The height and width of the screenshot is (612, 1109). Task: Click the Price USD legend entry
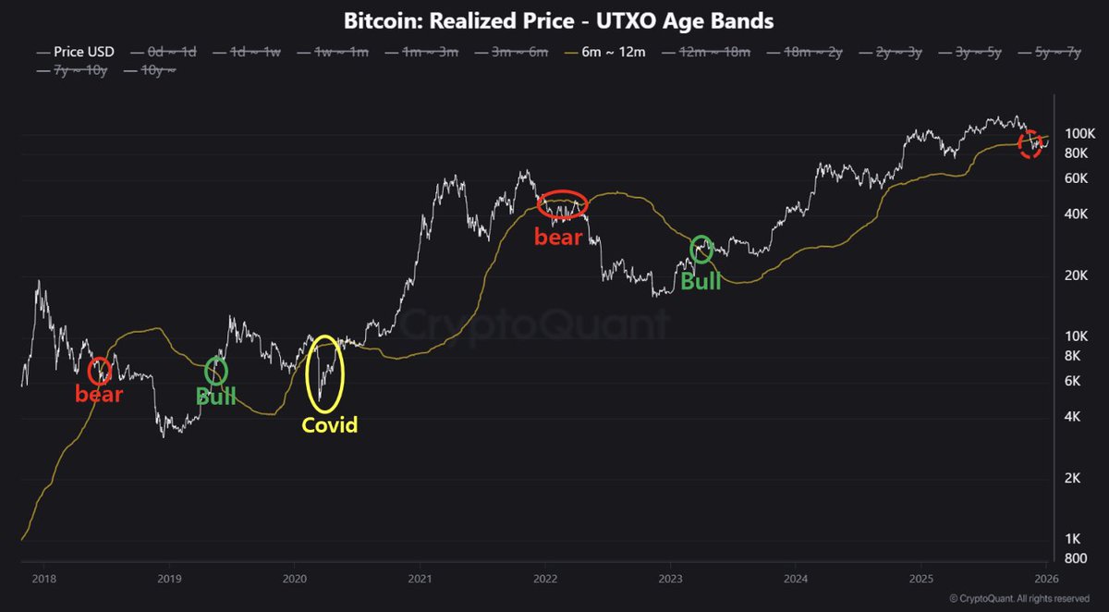coord(77,53)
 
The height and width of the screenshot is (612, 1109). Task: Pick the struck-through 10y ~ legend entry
coord(153,69)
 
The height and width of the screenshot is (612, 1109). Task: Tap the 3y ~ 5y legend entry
coord(974,53)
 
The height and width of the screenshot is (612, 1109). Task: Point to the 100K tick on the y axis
coord(1073,135)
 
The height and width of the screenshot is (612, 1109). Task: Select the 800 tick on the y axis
coord(1066,558)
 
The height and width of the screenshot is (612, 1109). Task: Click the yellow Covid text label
coord(329,425)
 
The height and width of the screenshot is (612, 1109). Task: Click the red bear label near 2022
coord(559,237)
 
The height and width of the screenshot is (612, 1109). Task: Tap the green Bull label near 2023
coord(701,280)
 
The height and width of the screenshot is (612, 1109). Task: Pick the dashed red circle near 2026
coord(1030,144)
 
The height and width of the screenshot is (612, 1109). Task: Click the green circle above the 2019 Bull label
coord(215,370)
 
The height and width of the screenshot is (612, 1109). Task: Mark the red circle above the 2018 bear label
coord(100,370)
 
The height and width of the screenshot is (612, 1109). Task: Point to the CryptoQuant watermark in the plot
coord(534,325)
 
